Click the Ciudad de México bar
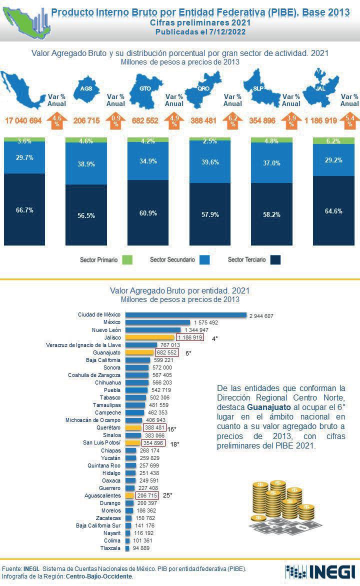[185, 315]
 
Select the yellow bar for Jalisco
[149, 338]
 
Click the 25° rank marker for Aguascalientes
[167, 495]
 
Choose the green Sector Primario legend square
[127, 260]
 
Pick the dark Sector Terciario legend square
[275, 260]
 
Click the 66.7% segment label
[24, 210]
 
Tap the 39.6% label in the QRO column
[210, 162]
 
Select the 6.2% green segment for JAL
[333, 141]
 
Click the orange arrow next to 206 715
[115, 120]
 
